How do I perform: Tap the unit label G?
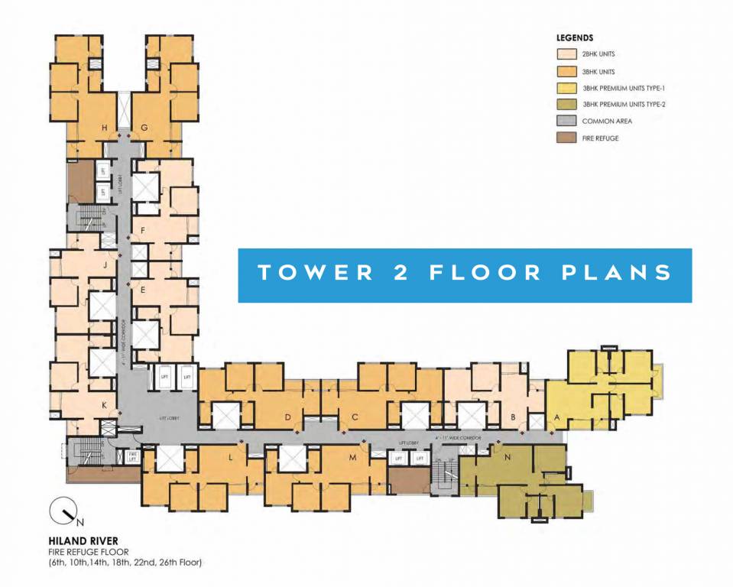click(144, 128)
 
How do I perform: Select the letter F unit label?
click(143, 230)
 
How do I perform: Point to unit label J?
click(104, 265)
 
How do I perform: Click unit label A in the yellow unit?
click(556, 417)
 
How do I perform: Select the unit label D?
click(288, 417)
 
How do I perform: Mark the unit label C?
click(355, 417)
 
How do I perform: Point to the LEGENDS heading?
click(575, 37)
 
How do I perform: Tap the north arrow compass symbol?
click(61, 511)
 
